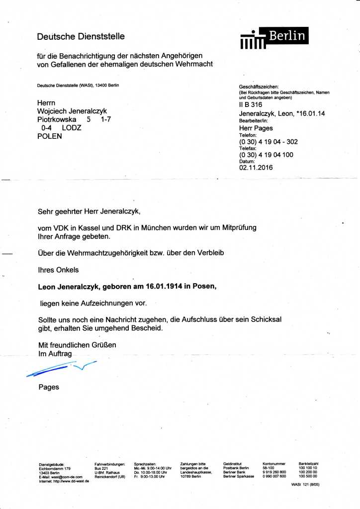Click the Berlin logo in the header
click(x=274, y=38)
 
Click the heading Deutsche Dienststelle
click(x=81, y=36)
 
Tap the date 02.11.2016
click(x=256, y=168)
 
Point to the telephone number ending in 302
click(x=269, y=142)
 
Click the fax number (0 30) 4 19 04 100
click(x=266, y=155)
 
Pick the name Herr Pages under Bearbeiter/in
click(x=256, y=128)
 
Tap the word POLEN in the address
click(x=50, y=136)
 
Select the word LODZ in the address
click(x=72, y=128)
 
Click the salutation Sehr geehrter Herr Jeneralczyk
click(x=90, y=211)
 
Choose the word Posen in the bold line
click(x=204, y=287)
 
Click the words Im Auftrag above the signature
click(x=55, y=353)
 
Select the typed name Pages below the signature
click(x=49, y=387)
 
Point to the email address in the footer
click(x=61, y=477)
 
